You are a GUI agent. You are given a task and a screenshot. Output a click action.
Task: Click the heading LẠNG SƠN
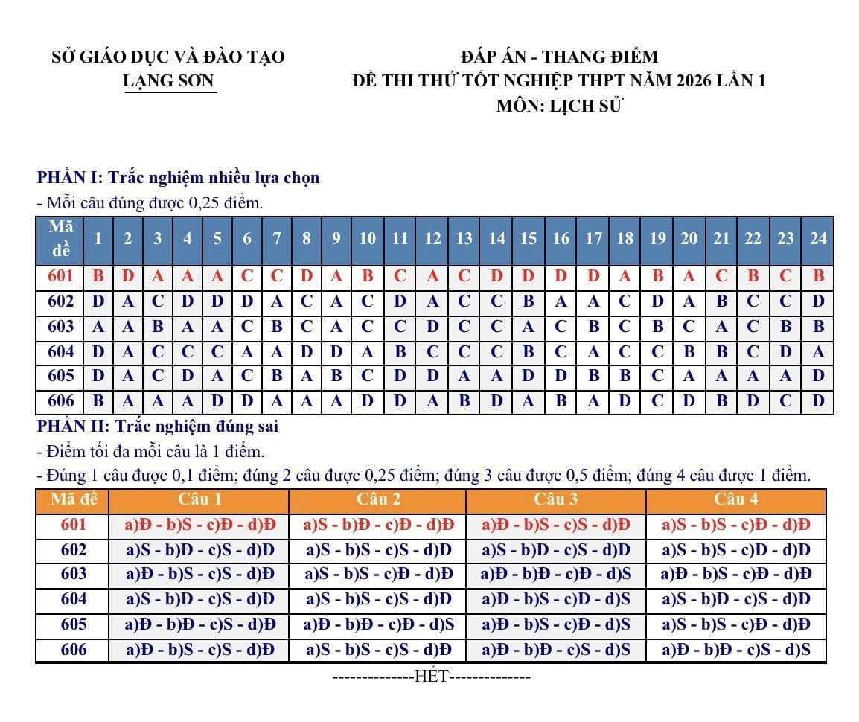point(169,81)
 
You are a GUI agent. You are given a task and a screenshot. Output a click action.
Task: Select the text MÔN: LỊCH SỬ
point(559,106)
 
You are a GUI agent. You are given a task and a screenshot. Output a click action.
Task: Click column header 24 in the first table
point(818,238)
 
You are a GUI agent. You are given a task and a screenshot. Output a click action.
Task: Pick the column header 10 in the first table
point(368,238)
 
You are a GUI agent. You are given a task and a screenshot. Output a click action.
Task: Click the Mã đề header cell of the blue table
point(60,238)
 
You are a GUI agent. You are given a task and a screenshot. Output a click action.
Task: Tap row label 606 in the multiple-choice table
point(60,401)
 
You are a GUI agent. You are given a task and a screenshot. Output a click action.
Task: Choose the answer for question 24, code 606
point(818,401)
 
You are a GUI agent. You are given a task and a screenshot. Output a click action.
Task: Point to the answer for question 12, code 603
point(432,326)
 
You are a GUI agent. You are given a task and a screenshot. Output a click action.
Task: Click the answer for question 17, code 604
point(593,351)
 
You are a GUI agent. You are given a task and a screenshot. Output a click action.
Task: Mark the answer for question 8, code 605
point(306,376)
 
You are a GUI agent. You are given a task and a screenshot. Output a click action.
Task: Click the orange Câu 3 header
point(555,499)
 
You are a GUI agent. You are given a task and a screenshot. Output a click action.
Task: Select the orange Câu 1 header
point(199,499)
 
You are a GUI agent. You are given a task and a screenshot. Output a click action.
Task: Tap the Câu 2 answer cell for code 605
point(378,624)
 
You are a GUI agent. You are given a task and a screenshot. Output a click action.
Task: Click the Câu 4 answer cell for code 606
point(735,650)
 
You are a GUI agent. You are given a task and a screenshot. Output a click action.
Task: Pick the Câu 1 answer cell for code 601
point(199,525)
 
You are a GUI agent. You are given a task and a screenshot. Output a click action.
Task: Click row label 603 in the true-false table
point(73,574)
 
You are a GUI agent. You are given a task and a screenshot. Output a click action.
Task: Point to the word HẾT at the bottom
point(430,677)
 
